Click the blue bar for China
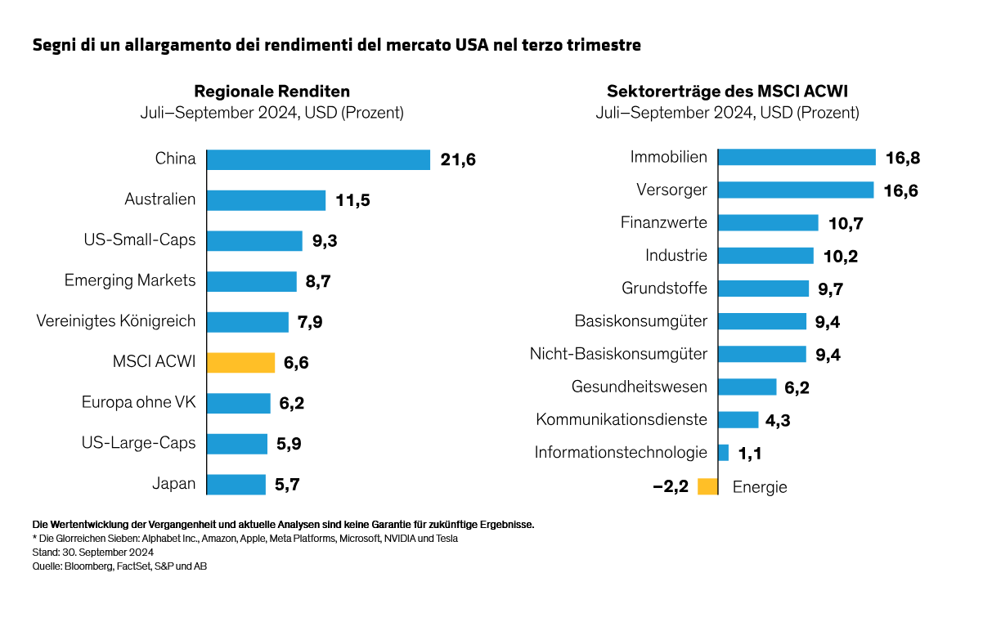tap(318, 159)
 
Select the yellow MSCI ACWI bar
tap(240, 362)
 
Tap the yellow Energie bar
tap(707, 486)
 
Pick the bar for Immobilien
tap(797, 157)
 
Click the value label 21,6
tap(458, 160)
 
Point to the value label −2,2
tap(671, 487)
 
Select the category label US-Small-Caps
tap(140, 240)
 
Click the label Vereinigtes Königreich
tap(116, 321)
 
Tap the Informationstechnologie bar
tap(723, 453)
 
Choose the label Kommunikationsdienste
tap(622, 419)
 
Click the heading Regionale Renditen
tap(272, 91)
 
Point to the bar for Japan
tap(236, 484)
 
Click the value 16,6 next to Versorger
tap(901, 190)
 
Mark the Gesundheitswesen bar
tap(747, 387)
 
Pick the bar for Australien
tap(266, 200)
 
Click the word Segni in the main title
tap(53, 45)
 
